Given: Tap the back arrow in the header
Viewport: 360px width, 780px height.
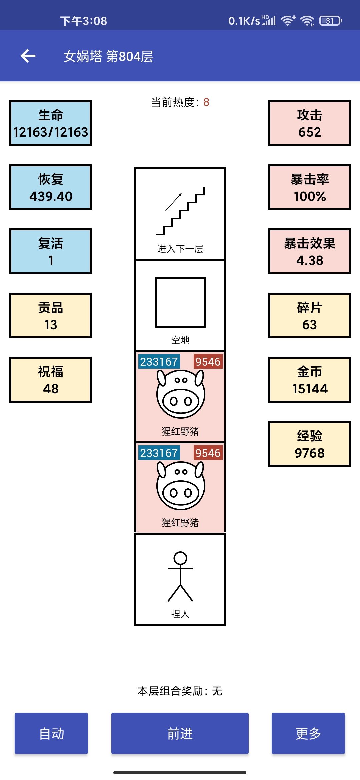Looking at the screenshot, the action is point(28,56).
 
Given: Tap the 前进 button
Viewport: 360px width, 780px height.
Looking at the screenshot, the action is point(180,733).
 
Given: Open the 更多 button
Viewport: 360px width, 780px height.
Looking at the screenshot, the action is point(308,733).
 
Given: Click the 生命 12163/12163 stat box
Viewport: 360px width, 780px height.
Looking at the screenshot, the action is point(50,123).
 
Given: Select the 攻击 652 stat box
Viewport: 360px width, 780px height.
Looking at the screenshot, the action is point(310,123).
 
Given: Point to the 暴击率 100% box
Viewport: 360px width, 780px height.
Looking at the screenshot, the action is point(310,187).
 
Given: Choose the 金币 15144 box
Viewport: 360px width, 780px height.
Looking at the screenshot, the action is point(310,380).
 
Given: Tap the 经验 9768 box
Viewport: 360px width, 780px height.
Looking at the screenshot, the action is point(310,444).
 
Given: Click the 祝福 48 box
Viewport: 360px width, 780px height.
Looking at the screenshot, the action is point(50,380).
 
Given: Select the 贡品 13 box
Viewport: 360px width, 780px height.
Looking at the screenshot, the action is point(50,315).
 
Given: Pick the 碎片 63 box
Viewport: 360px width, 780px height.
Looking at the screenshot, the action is point(310,315).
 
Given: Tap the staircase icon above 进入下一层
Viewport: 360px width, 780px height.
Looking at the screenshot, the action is point(180,211).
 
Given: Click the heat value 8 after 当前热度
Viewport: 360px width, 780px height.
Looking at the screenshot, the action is point(206,102).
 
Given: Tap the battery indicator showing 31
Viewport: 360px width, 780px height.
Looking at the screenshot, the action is point(330,21).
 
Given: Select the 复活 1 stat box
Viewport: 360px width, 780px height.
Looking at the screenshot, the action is point(50,251).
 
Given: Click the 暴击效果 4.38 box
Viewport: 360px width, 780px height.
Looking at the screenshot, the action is point(310,251).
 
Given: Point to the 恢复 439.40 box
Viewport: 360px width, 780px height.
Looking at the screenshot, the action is point(50,187).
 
